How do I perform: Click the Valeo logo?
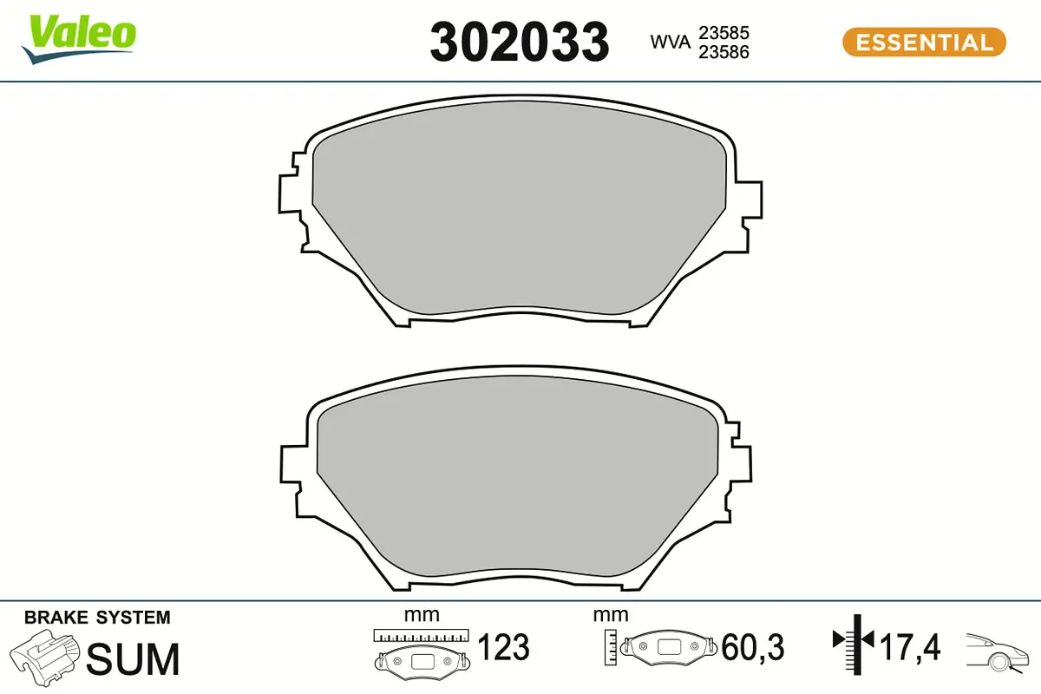79,37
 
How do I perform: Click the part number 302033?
520,43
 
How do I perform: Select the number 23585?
723,32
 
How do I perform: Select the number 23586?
723,51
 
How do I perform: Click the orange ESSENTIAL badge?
924,43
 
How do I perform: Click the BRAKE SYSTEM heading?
97,618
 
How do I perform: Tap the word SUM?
134,658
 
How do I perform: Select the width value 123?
503,647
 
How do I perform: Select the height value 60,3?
752,647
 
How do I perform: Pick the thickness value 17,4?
910,647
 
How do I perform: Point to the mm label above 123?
422,615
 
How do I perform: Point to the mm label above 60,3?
611,615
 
